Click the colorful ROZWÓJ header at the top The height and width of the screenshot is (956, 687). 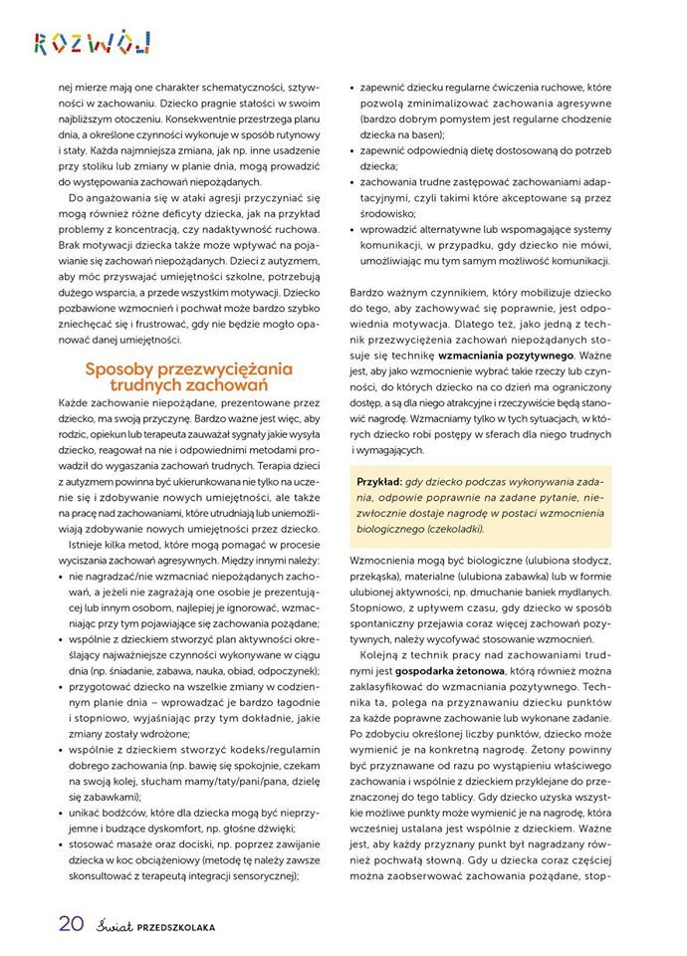pyautogui.click(x=92, y=43)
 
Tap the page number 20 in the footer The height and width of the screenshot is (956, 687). pyautogui.click(x=70, y=923)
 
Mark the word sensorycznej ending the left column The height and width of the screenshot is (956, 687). pyautogui.click(x=263, y=876)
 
